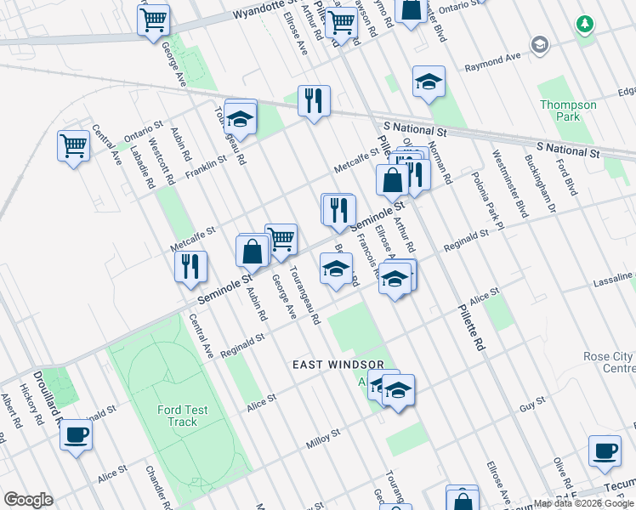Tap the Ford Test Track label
[183, 416]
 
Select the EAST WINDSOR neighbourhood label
[338, 364]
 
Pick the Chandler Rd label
[160, 487]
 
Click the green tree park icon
[585, 25]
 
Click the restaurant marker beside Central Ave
[190, 266]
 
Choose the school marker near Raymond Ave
[429, 82]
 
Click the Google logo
[28, 500]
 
